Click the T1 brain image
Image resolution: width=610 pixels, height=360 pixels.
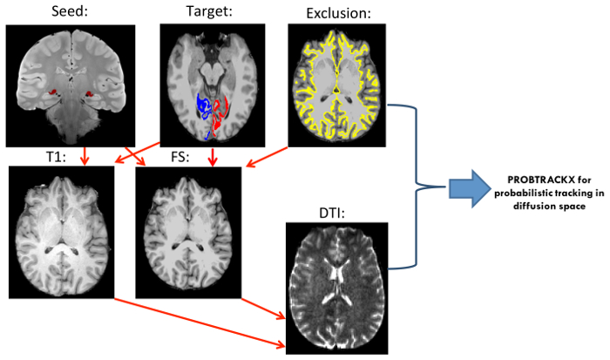coord(60,228)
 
